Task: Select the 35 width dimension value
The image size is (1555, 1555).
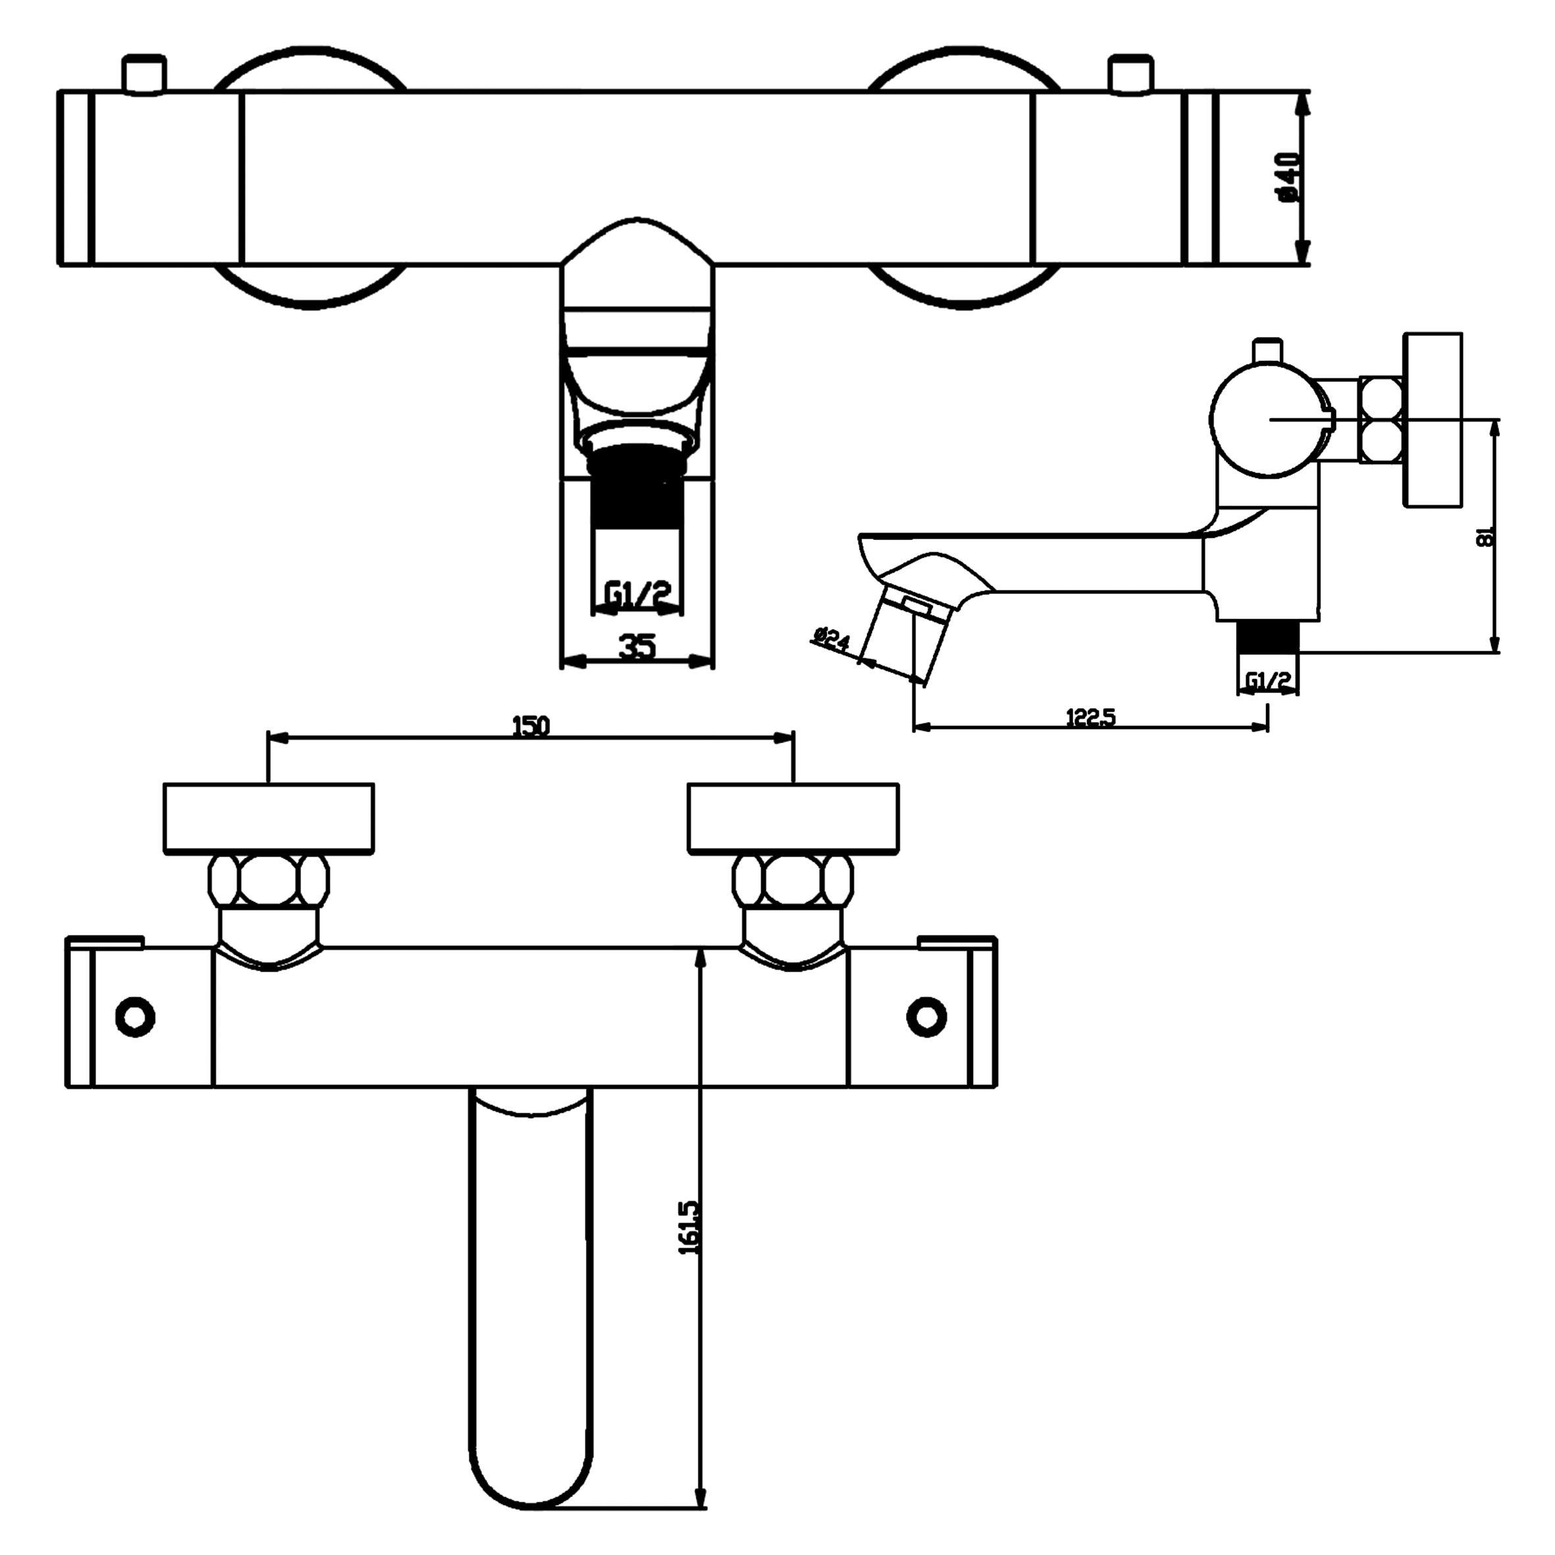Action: click(x=637, y=646)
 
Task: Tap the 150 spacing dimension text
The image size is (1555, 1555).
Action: click(x=531, y=726)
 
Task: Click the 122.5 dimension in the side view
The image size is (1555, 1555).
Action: click(x=1091, y=717)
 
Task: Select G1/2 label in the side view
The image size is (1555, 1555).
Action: click(x=1268, y=681)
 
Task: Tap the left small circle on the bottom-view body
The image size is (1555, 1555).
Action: click(x=135, y=1016)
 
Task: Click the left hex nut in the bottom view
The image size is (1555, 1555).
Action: click(x=269, y=882)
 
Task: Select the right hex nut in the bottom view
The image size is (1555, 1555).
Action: click(x=793, y=882)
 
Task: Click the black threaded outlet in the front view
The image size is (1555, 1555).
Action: click(x=637, y=488)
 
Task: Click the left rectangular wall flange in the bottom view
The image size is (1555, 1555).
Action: click(x=269, y=818)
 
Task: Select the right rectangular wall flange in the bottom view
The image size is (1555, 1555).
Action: click(x=793, y=818)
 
